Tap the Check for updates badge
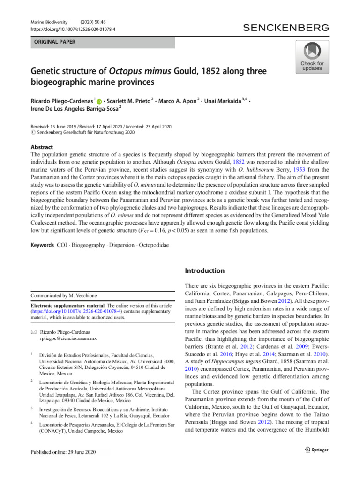click(x=312, y=57)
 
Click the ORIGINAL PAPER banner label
click(x=53, y=42)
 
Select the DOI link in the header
click(x=74, y=29)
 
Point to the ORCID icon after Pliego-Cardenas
click(x=99, y=101)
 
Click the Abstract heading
click(x=43, y=146)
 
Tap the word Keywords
click(x=42, y=245)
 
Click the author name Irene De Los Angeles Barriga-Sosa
click(x=77, y=110)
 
